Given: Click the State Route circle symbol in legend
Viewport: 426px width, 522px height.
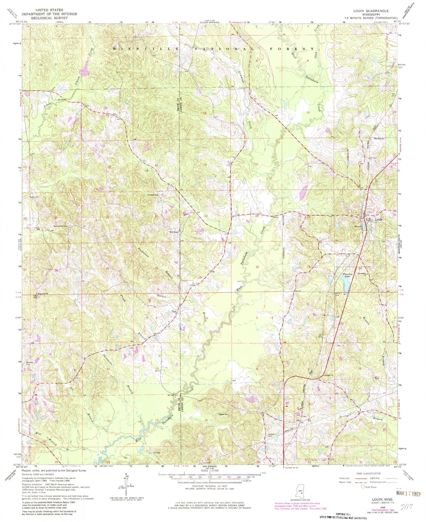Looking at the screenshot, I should tap(363, 487).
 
